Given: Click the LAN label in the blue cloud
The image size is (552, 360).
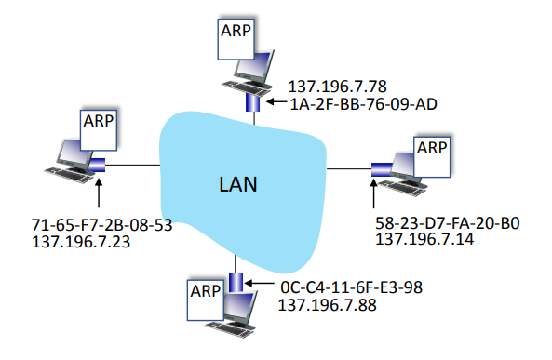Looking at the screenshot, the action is point(238,184).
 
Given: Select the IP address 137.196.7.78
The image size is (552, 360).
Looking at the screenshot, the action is point(337,87).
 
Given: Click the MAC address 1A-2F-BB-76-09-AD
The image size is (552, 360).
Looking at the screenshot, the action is point(363,104).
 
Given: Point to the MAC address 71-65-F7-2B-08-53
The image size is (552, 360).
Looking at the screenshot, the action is point(101,225).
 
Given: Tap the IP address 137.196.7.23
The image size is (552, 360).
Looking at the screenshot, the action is point(81,242).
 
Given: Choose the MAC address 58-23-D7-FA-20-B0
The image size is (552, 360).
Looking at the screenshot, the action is point(448,223).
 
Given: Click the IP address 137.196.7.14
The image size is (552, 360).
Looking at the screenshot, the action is point(424,239).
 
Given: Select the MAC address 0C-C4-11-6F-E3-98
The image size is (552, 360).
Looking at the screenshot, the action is point(351,287).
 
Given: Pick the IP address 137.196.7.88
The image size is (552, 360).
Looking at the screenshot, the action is point(328,305).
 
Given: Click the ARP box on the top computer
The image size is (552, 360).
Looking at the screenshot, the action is point(236,39).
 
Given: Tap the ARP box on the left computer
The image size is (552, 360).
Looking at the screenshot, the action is point(99,130).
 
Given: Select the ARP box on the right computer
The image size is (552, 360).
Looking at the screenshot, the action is point(432,156).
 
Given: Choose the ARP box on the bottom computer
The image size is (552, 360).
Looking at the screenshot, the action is point(206,300).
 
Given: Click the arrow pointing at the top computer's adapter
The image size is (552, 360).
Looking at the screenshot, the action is point(276,102).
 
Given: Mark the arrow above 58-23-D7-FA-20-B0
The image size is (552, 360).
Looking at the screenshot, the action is point(373,193).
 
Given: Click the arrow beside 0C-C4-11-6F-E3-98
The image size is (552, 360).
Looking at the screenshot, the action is point(259,283).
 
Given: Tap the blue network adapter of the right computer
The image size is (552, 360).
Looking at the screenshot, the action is point(382,169).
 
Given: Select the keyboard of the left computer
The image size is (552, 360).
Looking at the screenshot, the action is point(68,175).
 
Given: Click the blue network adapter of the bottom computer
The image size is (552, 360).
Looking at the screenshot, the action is point(236,282).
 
